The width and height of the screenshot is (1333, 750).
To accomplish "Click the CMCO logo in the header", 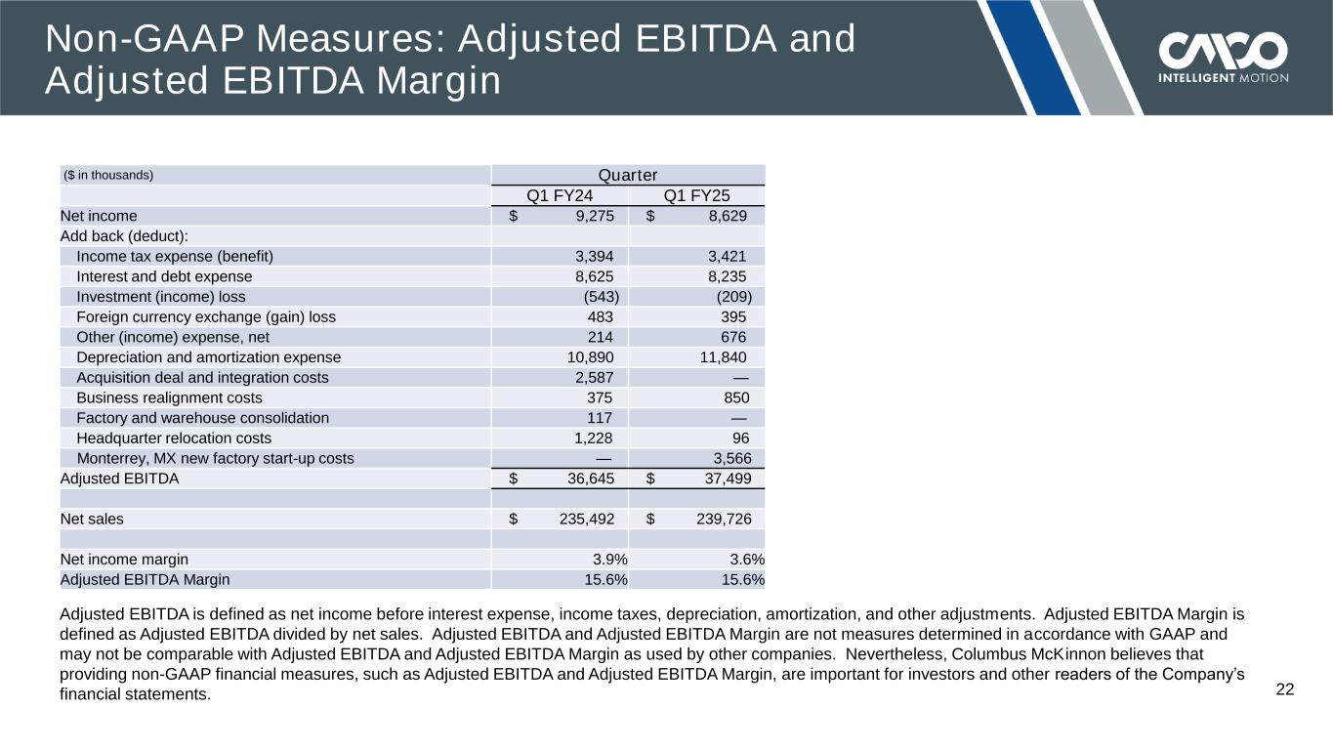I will [1223, 57].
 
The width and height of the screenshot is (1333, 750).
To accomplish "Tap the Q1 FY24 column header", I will [560, 195].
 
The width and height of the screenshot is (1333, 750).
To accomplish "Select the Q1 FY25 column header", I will [696, 195].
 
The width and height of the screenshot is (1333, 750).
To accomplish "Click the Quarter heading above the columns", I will [627, 175].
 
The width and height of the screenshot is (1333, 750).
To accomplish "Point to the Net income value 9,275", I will [591, 216].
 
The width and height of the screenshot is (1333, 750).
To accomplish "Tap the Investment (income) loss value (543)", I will [601, 297].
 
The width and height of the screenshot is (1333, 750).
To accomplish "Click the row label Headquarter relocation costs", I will [174, 438].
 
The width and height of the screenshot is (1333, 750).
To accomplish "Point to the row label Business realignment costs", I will [169, 397].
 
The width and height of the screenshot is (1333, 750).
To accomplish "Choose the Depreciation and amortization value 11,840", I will [724, 357].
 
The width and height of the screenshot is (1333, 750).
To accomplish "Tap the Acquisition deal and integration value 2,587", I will [595, 377].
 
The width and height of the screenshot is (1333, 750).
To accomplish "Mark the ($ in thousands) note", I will [107, 176].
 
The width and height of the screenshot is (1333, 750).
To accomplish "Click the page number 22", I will [1285, 690].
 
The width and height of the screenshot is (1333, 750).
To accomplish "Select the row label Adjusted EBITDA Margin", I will [146, 579].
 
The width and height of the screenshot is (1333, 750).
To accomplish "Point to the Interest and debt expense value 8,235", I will [728, 276].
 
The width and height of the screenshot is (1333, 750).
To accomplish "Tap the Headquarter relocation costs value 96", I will [741, 438].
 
